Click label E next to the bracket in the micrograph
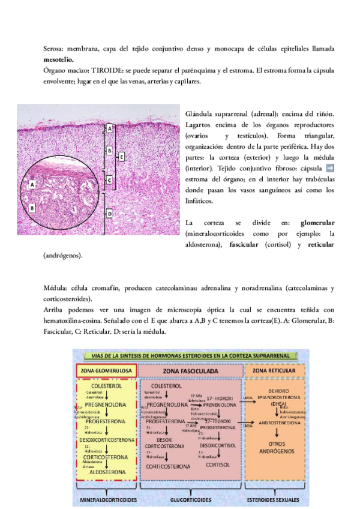pyautogui.click(x=121, y=157)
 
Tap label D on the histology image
pyautogui.click(x=110, y=213)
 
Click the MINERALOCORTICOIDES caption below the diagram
pyautogui.click(x=106, y=499)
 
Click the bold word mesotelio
pyautogui.click(x=59, y=59)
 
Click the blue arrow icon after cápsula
pyautogui.click(x=329, y=168)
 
